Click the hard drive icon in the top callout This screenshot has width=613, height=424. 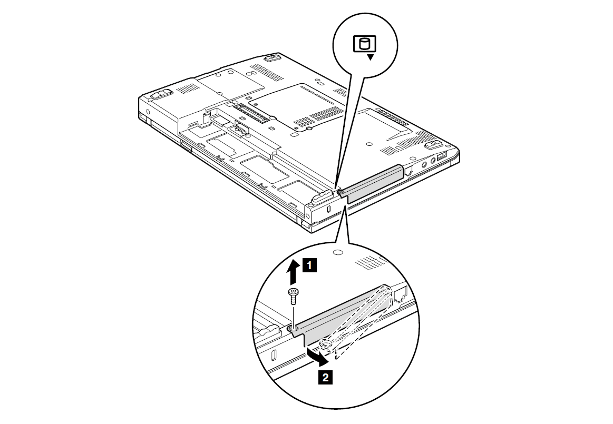364,43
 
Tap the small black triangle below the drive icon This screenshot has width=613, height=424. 370,57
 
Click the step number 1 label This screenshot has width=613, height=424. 309,265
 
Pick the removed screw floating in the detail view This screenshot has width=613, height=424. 293,297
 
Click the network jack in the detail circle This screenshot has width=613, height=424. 400,295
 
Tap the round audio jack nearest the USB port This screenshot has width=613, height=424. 433,161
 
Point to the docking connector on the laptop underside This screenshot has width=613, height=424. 252,112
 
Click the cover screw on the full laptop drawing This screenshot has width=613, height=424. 340,192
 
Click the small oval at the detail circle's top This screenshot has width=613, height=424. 338,252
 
